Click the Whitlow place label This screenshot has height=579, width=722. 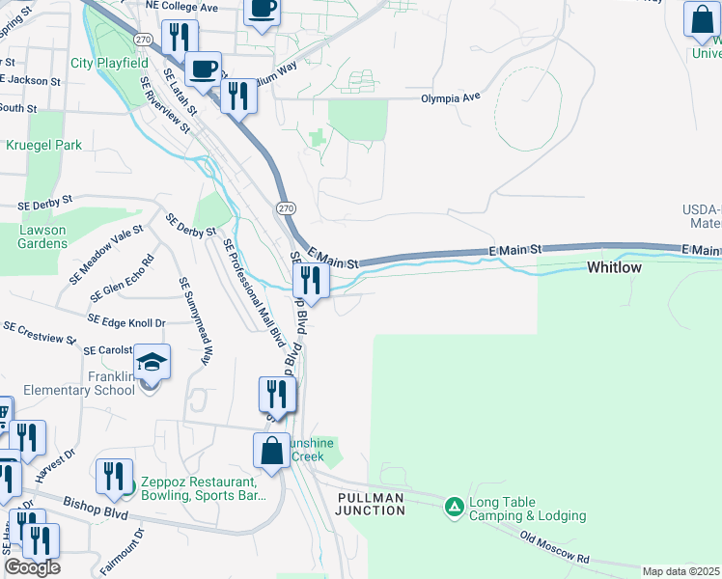[614, 267]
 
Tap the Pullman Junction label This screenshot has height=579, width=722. [371, 503]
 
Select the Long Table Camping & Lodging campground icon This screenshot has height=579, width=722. [454, 506]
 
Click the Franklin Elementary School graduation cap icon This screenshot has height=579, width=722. [153, 363]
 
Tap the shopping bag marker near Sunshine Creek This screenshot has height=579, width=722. [272, 451]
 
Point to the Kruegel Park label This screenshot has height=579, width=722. [44, 145]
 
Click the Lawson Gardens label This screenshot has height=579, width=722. [42, 236]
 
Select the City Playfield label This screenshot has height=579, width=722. [109, 64]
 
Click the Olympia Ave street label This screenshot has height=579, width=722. [451, 98]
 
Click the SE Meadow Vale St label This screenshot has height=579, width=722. [105, 255]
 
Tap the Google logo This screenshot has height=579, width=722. [32, 567]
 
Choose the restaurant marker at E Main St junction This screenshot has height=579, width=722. [310, 280]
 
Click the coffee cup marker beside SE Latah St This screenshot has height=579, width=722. [203, 69]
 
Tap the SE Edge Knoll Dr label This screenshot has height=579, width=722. [126, 319]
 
